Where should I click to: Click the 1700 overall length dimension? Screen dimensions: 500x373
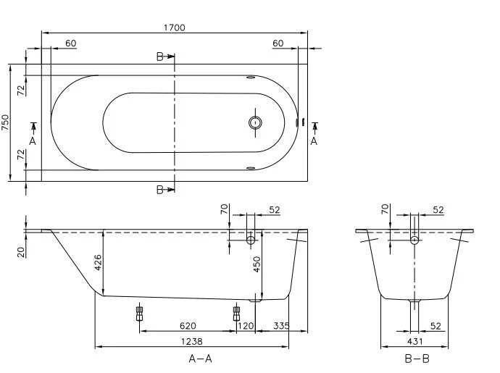175,28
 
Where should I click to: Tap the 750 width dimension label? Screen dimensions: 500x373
5,122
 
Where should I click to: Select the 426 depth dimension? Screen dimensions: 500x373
98,262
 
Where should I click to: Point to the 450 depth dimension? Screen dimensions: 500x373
257,264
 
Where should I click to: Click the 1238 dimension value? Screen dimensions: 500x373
191,341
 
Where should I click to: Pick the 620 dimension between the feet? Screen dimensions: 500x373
188,326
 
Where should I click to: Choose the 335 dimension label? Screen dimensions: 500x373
282,326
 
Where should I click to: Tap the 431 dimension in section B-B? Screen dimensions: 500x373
415,341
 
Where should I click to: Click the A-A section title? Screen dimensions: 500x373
200,359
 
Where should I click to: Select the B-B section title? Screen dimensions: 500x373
417,359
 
